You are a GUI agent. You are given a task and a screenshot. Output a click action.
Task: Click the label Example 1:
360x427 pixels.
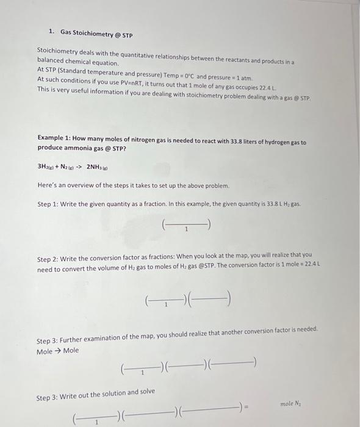[56, 141]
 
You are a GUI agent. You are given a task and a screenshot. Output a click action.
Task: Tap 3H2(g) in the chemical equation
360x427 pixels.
[48, 167]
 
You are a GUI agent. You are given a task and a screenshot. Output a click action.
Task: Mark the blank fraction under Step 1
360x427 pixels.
[187, 227]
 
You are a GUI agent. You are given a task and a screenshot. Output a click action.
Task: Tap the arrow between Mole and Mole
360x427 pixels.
[59, 351]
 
